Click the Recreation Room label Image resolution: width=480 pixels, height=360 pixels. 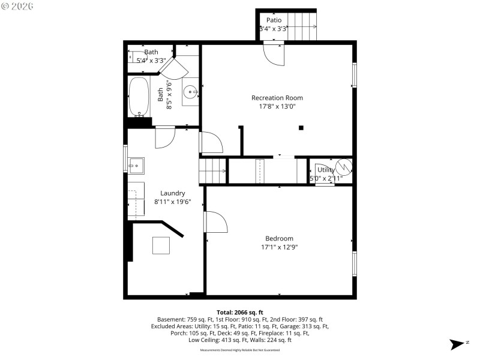(277, 98)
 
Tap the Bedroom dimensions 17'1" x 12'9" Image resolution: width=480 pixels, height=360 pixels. (279, 247)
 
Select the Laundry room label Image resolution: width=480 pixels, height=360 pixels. (172, 193)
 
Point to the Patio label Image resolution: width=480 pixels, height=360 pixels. (274, 20)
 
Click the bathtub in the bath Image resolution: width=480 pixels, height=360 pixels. (139, 97)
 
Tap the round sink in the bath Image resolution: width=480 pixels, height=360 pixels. (190, 92)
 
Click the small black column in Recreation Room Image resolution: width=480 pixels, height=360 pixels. (301, 127)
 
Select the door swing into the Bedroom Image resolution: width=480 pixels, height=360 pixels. (216, 222)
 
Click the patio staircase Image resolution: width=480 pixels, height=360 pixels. (302, 26)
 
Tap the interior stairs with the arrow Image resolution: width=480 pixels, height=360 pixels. (213, 171)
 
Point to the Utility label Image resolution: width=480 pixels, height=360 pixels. (326, 170)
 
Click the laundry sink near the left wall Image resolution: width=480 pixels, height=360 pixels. (135, 164)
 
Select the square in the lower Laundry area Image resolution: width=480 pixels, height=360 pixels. (161, 246)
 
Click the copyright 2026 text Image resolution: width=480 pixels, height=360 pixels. (17, 5)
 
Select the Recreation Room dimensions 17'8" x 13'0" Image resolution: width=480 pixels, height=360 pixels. (277, 106)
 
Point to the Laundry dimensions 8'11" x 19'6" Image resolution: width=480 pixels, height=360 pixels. (172, 202)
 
